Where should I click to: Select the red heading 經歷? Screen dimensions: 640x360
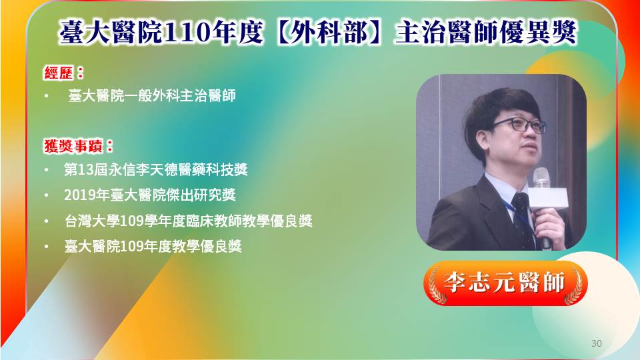pos(59,73)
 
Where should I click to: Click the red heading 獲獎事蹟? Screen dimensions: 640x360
pos(73,146)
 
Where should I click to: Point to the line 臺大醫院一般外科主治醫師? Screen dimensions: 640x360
pos(152,96)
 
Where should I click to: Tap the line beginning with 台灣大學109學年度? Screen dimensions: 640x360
pos(188,221)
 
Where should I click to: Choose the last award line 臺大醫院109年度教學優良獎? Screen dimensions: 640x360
pos(153,246)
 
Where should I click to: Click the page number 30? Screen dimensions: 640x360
pos(596,343)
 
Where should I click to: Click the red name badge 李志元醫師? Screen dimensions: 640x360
pos(505,283)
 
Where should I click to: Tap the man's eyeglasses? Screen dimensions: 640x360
pos(519,125)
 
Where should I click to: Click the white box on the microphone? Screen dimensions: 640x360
pos(548,199)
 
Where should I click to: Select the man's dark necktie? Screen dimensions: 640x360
pos(523,219)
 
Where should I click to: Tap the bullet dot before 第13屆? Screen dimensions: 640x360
pos(47,170)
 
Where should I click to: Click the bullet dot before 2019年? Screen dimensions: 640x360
pos(47,195)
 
